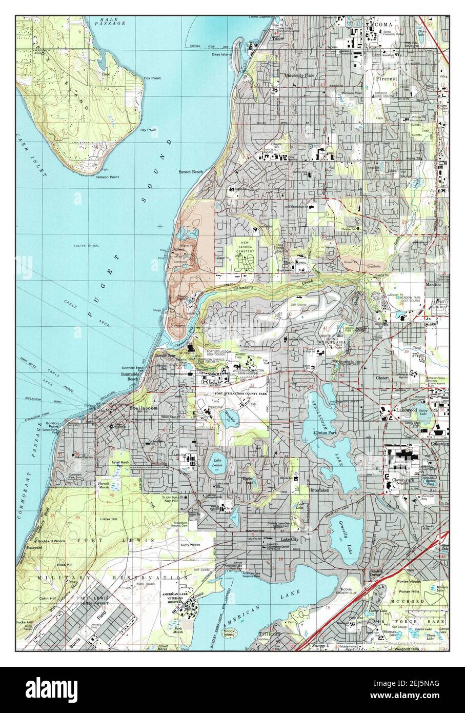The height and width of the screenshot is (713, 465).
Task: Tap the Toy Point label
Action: click(x=148, y=130)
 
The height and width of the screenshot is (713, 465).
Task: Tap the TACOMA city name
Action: click(x=379, y=24)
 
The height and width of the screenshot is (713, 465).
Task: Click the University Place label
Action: click(x=299, y=75)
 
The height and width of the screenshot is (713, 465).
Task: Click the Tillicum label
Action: click(x=264, y=634)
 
